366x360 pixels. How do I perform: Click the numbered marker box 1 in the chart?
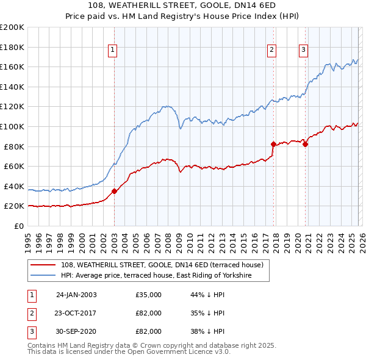pyautogui.click(x=114, y=51)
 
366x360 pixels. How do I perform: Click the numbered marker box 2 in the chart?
pyautogui.click(x=271, y=51)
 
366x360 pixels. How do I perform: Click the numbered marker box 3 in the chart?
pyautogui.click(x=303, y=51)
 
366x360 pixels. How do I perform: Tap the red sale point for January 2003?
pyautogui.click(x=114, y=191)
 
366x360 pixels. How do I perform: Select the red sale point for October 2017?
pyautogui.click(x=273, y=144)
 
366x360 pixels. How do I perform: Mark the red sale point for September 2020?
pyautogui.click(x=305, y=144)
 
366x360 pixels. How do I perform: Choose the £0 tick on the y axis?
pyautogui.click(x=18, y=226)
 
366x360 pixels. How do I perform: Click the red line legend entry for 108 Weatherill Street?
pyautogui.click(x=162, y=265)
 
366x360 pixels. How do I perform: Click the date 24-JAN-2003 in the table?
pyautogui.click(x=76, y=295)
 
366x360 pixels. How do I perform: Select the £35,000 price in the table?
pyautogui.click(x=149, y=295)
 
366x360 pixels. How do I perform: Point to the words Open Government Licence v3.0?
pyautogui.click(x=182, y=353)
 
